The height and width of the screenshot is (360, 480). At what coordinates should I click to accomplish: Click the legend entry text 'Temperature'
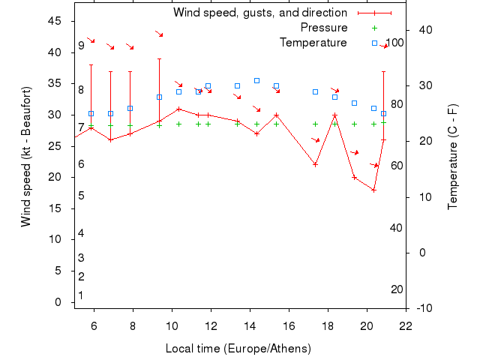point(313,43)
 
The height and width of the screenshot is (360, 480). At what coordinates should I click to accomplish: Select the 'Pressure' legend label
point(324,28)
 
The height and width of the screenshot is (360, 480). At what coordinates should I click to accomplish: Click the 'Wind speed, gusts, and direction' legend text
point(259,13)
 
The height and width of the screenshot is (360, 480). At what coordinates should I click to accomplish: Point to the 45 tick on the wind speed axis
point(54,21)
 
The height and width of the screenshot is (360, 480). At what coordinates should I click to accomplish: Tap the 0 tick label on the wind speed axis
point(58,302)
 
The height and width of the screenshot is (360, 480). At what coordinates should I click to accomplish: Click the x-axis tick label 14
point(250,326)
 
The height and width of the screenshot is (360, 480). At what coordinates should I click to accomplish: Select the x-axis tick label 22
point(406,326)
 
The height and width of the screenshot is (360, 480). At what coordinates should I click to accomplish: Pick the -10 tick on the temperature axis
point(422,308)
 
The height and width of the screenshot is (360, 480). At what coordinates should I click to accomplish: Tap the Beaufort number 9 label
point(81,46)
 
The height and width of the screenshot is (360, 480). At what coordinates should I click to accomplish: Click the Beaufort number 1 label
point(81,295)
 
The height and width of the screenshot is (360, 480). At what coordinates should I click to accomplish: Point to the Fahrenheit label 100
point(394,43)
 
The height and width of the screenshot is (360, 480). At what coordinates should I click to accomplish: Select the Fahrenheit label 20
point(397,289)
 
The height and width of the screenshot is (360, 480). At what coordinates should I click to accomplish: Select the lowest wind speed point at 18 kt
point(373,190)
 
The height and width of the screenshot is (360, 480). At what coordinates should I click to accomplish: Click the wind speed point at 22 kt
point(315,164)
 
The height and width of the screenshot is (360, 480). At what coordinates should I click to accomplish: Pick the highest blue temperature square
point(256,80)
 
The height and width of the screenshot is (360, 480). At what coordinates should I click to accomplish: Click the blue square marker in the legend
point(374,43)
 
